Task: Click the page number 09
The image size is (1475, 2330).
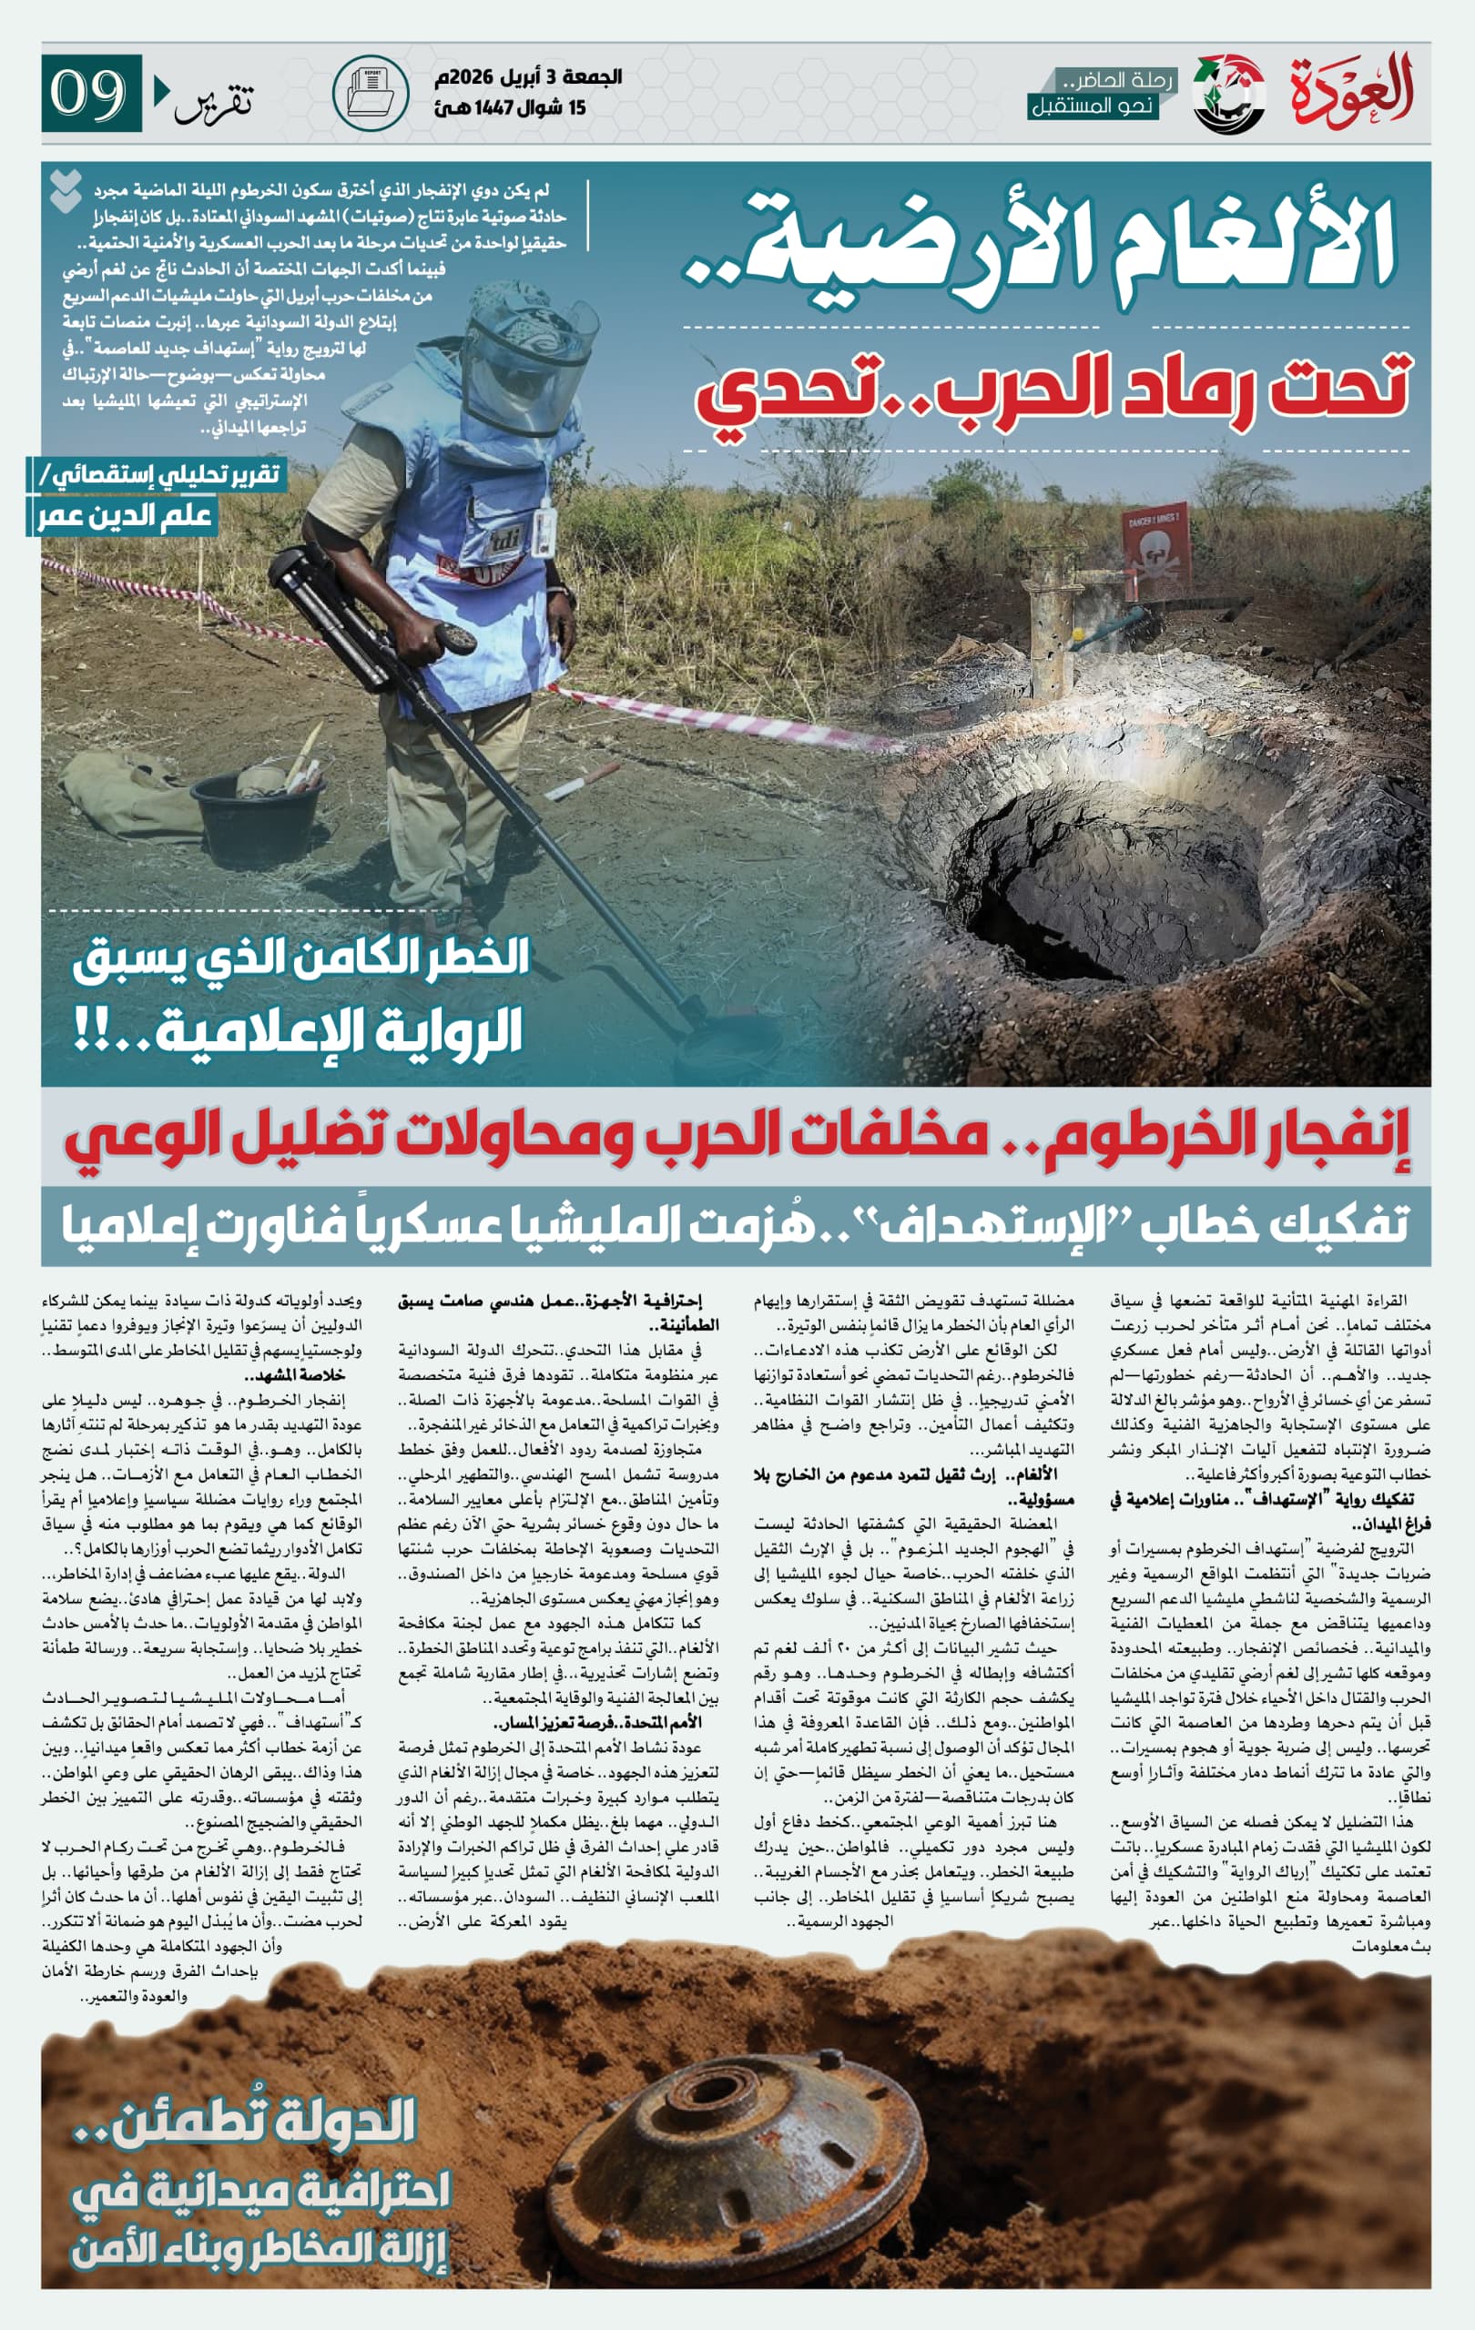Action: coord(89,93)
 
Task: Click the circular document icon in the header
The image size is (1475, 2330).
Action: coord(370,93)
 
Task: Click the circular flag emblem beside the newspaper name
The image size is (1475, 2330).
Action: coord(1229,94)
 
